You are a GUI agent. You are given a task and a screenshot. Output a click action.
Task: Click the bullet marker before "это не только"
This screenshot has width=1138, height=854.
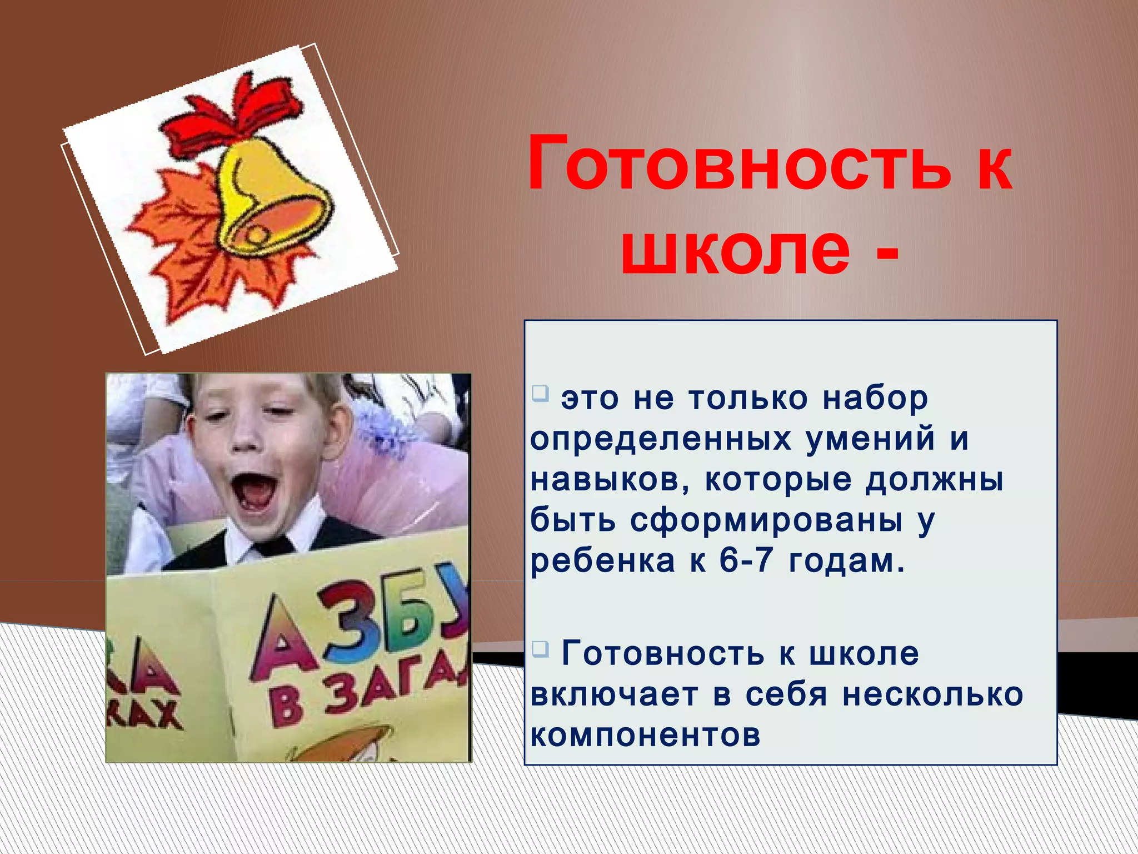(540, 394)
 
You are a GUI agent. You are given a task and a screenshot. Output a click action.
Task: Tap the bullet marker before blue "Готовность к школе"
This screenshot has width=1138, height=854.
(540, 648)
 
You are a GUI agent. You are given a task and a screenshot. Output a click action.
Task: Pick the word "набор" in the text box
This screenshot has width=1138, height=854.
(875, 399)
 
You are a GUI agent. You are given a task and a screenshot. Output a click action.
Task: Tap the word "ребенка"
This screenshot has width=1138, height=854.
(603, 562)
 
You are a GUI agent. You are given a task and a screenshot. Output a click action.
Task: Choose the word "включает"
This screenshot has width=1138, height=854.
(614, 695)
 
